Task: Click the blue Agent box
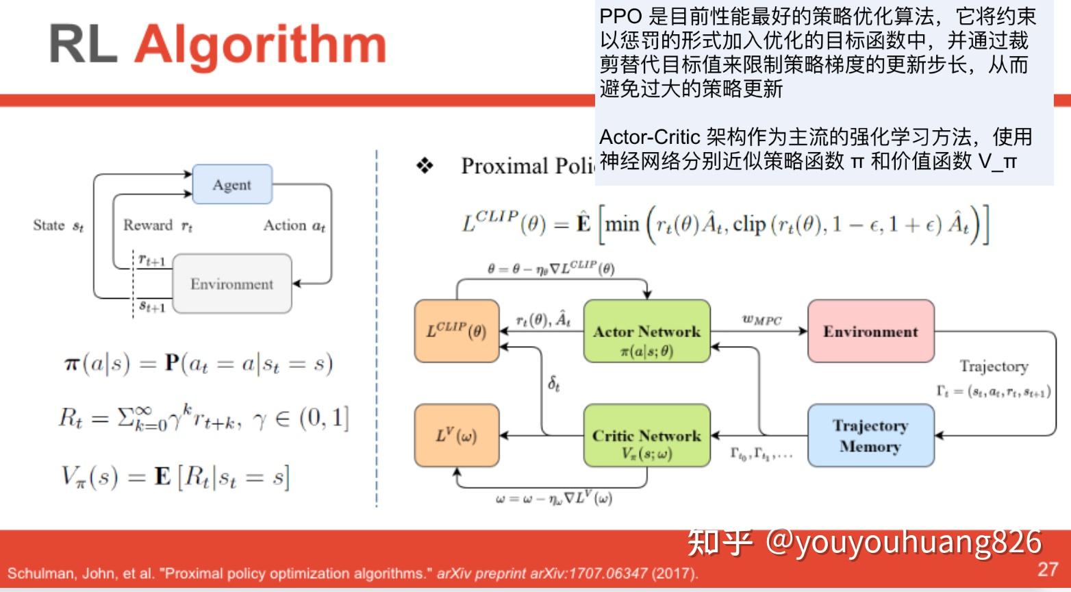[x=232, y=184]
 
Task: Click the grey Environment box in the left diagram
[x=232, y=284]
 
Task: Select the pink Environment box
[x=870, y=331]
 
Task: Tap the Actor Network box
[x=646, y=331]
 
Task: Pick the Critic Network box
[x=646, y=436]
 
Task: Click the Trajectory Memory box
[x=870, y=436]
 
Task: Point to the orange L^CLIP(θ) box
[x=457, y=331]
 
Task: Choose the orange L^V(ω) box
[x=457, y=436]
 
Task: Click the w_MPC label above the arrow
[x=761, y=319]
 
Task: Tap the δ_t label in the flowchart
[x=554, y=384]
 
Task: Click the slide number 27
[x=1048, y=569]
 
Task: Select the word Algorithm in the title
[x=260, y=45]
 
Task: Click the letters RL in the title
[x=82, y=45]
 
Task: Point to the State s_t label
[x=58, y=225]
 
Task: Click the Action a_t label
[x=294, y=225]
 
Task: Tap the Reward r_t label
[x=157, y=225]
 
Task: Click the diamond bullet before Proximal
[x=425, y=166]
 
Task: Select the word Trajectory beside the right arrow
[x=994, y=366]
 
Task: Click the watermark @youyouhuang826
[x=904, y=541]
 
